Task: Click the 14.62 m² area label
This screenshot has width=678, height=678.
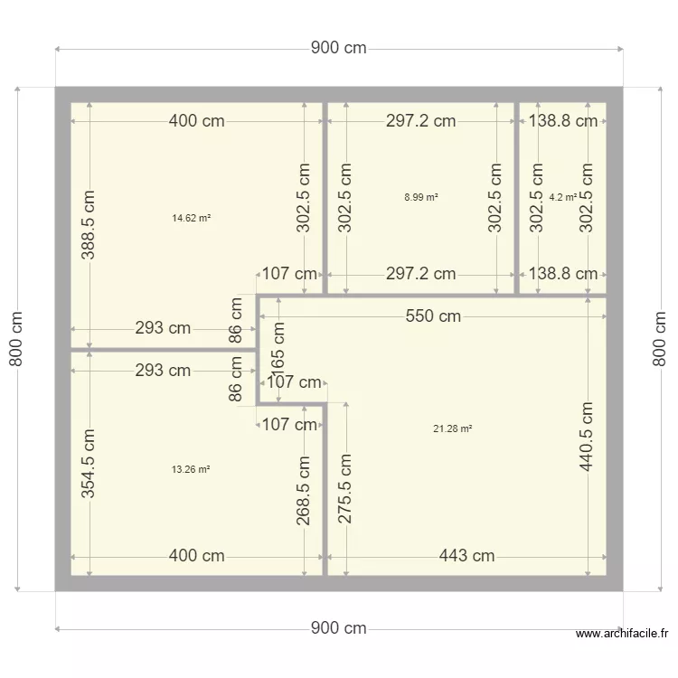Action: [191, 217]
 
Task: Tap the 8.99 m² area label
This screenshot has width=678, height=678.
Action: [421, 196]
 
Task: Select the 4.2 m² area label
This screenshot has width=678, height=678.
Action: [562, 196]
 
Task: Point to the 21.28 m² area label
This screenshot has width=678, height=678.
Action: [453, 428]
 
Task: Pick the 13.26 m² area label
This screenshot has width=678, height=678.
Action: [191, 469]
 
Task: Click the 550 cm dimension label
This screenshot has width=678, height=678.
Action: [433, 315]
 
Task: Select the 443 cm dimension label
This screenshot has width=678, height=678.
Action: [467, 556]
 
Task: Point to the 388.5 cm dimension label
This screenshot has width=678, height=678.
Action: [89, 225]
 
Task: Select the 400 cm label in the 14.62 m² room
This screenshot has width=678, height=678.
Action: [197, 121]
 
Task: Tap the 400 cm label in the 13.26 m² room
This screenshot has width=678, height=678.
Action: [197, 556]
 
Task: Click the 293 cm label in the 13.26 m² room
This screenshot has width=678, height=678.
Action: [163, 370]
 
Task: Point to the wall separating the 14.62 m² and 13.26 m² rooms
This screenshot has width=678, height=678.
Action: [154, 349]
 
